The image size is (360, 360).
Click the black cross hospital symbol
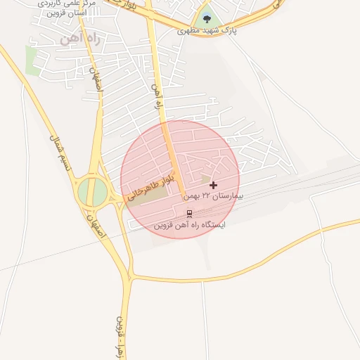[x=214, y=185]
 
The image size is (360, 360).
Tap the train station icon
[x=189, y=213]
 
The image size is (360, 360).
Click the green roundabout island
[x=92, y=191]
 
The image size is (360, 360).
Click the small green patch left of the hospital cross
[x=206, y=179]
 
